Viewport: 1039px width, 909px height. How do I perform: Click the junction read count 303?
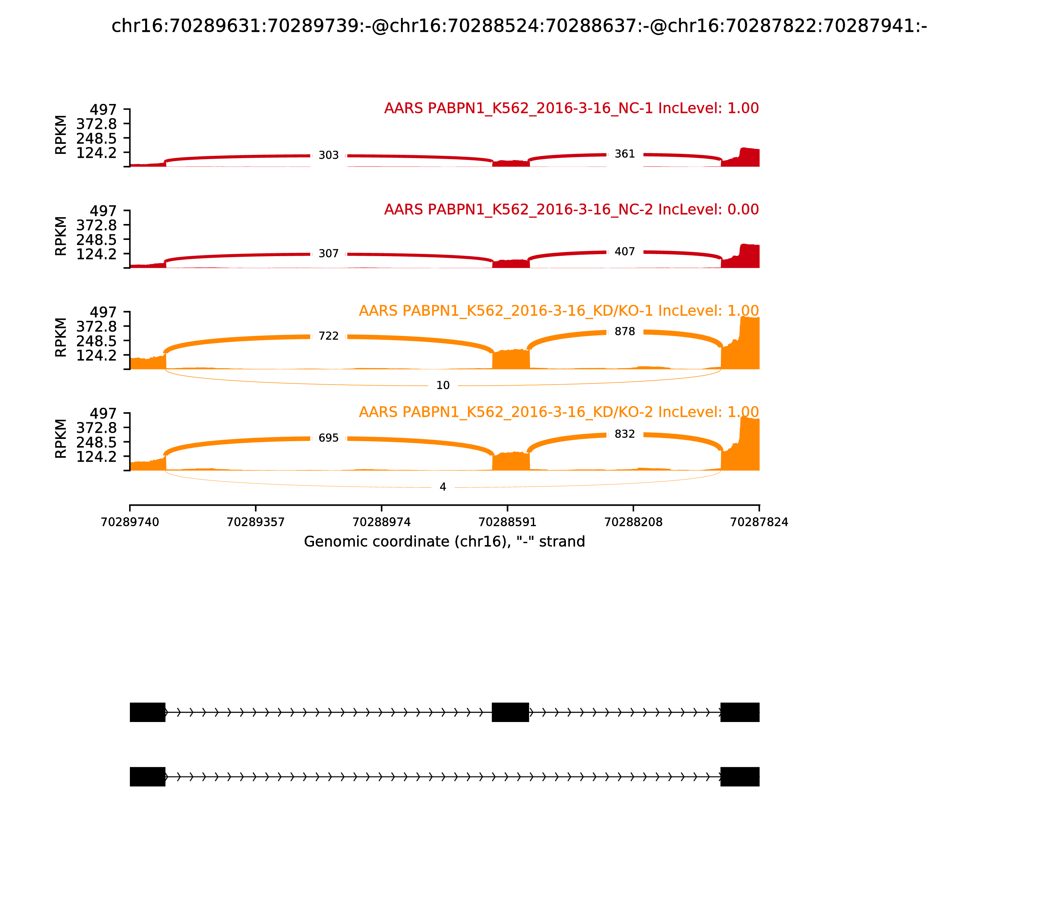[328, 155]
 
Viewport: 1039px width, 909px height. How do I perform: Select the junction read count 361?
[624, 154]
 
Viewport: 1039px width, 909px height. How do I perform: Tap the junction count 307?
[328, 254]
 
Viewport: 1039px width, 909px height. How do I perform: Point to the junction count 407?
[624, 252]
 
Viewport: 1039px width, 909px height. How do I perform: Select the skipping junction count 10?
[443, 386]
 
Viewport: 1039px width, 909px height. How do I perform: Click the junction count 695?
[328, 438]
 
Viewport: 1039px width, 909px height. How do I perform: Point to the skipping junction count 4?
[443, 487]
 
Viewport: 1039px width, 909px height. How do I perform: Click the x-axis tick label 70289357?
[256, 522]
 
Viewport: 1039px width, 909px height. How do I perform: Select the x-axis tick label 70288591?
[507, 522]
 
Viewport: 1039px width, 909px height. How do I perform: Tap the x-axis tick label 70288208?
[633, 522]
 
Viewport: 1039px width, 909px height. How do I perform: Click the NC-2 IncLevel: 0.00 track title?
[571, 209]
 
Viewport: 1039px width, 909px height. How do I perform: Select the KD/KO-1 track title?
[558, 311]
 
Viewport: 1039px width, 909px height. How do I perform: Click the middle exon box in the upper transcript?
[510, 712]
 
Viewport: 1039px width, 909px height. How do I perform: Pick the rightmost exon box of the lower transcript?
[740, 777]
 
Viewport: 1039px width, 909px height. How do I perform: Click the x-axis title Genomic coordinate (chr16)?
[444, 542]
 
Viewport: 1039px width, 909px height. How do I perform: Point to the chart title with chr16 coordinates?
[519, 26]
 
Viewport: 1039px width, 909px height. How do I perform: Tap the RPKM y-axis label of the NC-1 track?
[60, 135]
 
